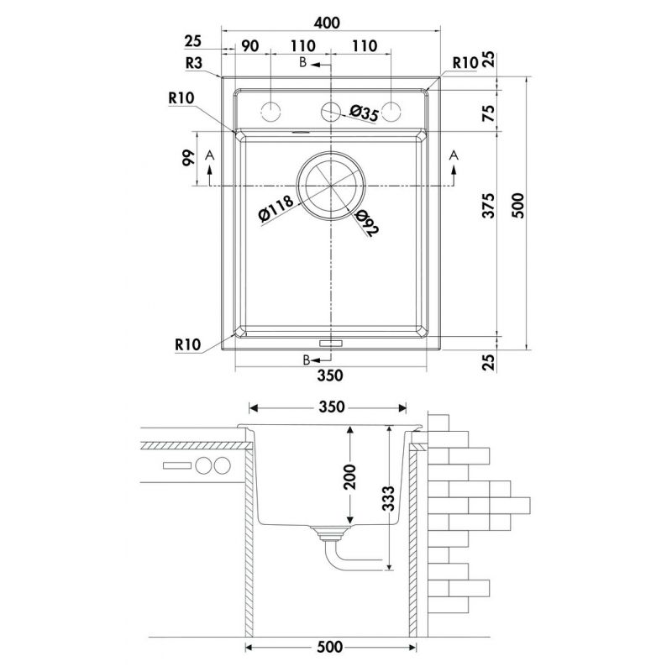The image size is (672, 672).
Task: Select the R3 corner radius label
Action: point(194,63)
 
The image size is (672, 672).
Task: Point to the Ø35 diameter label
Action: point(364,113)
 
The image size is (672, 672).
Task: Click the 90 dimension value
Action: point(249,47)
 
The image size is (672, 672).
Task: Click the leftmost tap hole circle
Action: point(271,110)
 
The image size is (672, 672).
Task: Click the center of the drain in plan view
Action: point(332,185)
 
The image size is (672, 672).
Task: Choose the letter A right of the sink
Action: point(454,155)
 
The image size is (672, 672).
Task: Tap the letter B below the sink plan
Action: point(307,360)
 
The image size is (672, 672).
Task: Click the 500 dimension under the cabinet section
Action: point(331,648)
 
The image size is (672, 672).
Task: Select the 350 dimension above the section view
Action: point(331,407)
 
